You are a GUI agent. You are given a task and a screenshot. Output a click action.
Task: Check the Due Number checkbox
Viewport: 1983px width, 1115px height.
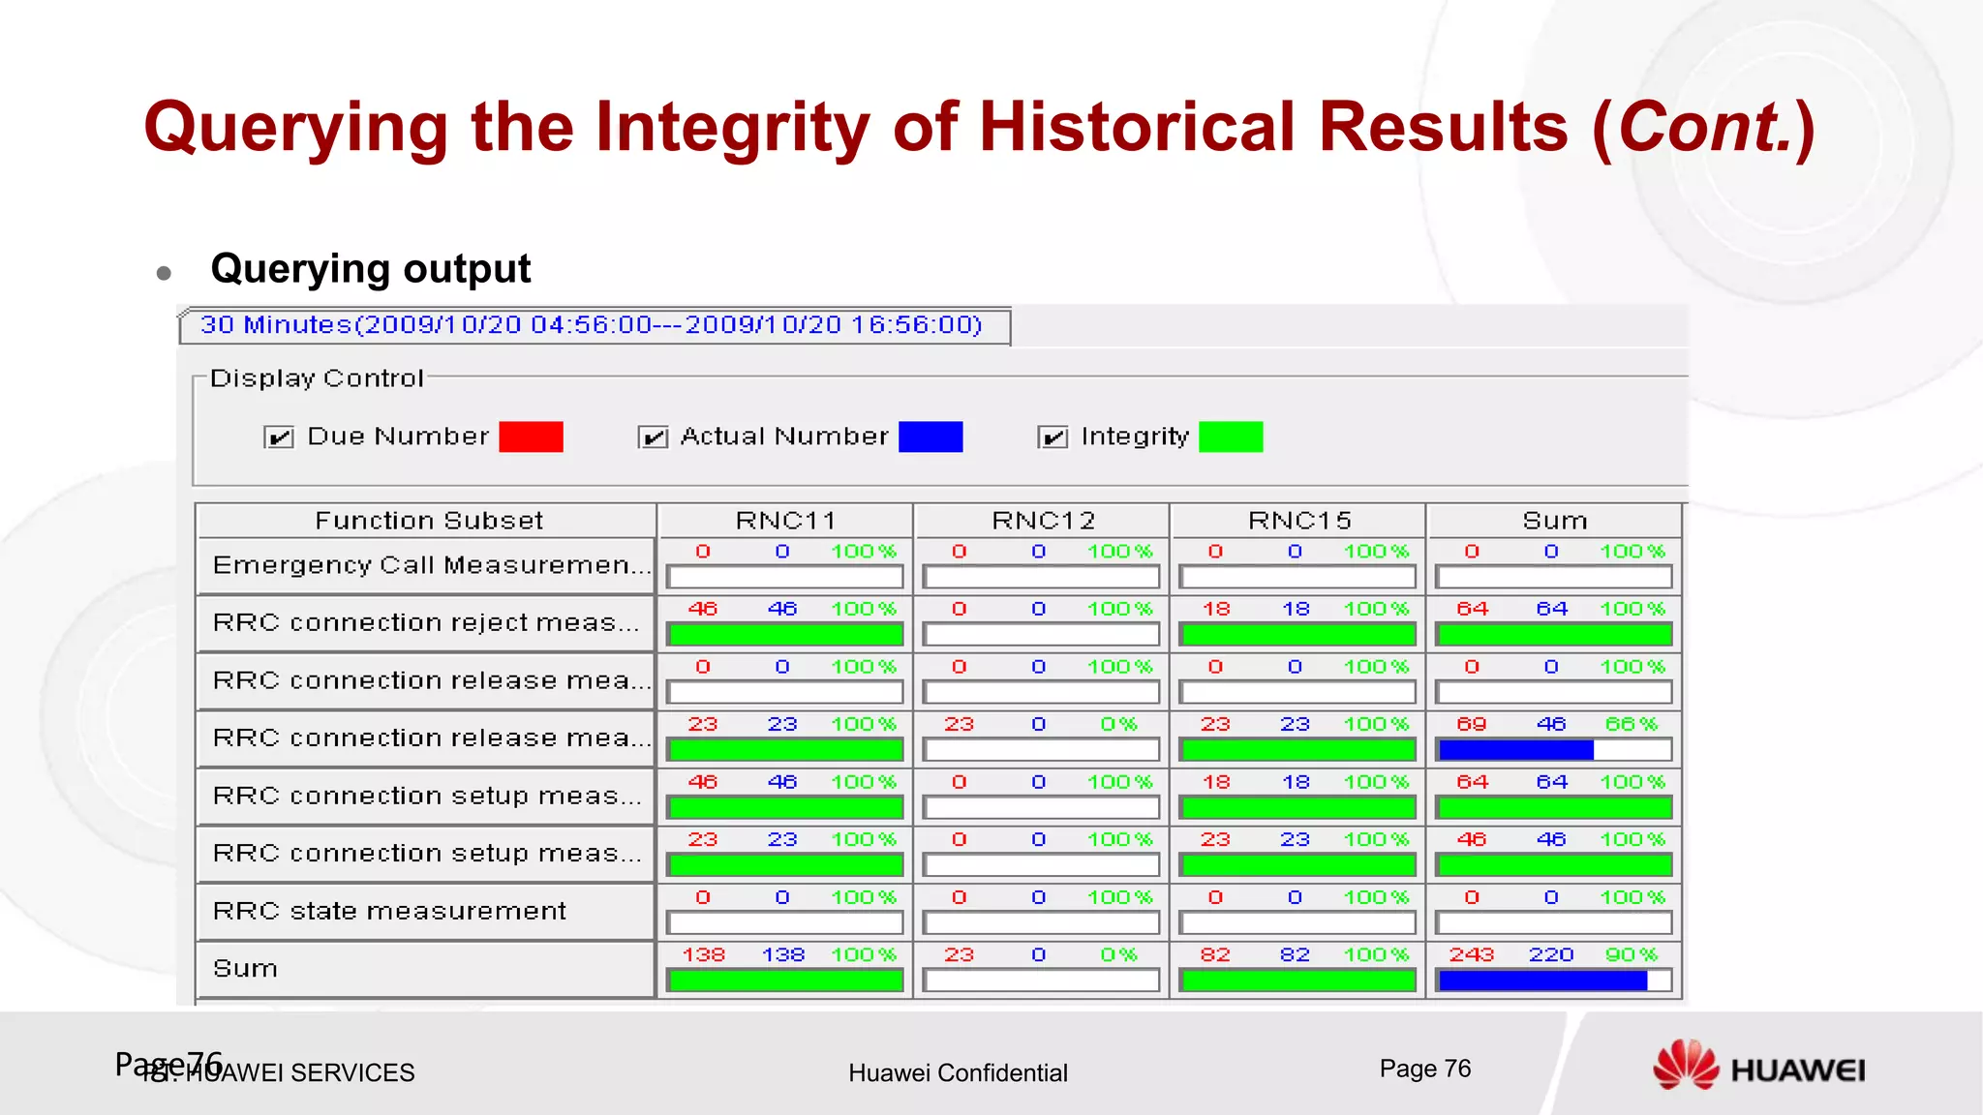coord(279,437)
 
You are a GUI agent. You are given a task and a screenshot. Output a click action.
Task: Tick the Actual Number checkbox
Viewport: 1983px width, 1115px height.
coord(654,437)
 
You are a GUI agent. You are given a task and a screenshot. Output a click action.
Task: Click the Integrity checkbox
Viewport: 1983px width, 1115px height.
coord(1053,437)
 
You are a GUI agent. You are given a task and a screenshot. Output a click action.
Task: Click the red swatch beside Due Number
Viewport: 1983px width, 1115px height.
coord(531,437)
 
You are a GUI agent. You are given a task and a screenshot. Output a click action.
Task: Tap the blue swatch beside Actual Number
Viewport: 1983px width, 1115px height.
coord(930,437)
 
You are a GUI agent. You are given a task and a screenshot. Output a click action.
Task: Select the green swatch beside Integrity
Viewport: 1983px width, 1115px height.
coord(1231,437)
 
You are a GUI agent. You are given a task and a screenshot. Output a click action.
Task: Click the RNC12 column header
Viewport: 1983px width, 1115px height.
coord(1042,521)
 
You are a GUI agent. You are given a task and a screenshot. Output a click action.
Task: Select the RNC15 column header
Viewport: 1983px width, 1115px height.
coord(1298,521)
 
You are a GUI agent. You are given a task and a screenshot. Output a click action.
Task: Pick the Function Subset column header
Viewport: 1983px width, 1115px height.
coord(428,521)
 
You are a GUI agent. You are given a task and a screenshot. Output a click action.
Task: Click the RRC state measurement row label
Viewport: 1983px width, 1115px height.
coord(389,911)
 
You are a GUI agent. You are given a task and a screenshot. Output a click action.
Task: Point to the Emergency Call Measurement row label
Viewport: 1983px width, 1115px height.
coord(431,565)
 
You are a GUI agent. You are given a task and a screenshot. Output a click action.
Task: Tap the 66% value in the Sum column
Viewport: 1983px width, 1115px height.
coord(1632,724)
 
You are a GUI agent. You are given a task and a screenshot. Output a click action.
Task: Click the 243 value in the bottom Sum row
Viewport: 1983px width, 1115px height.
coord(1471,955)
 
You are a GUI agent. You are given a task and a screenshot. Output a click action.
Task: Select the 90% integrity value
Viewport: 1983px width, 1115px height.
coord(1632,955)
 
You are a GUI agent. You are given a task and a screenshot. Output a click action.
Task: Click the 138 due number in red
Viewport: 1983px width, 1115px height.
coord(703,955)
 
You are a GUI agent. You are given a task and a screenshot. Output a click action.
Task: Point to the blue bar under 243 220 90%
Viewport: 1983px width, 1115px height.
coord(1542,980)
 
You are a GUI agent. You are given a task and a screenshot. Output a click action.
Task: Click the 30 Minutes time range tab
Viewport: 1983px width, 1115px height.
coord(592,325)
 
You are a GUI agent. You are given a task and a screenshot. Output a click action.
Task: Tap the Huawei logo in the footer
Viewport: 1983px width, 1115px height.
coord(1757,1067)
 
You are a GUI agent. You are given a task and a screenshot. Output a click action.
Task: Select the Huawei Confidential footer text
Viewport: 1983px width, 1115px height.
coord(958,1072)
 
